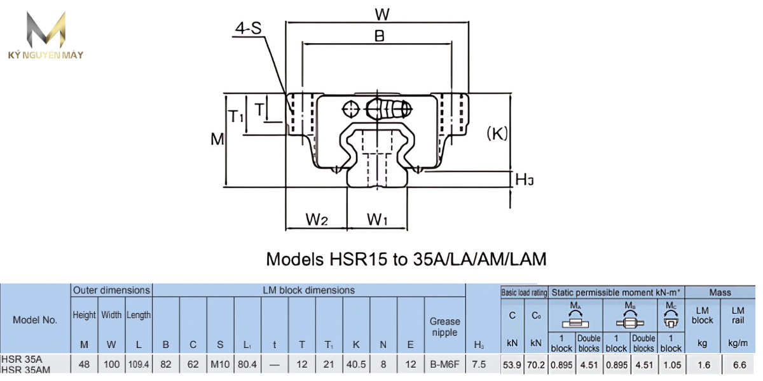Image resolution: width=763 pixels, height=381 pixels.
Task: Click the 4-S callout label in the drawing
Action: point(248,29)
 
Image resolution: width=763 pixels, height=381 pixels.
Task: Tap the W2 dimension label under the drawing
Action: point(317,220)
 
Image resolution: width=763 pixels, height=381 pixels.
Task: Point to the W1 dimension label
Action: point(378,220)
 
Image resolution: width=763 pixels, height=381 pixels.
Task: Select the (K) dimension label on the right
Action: point(497,133)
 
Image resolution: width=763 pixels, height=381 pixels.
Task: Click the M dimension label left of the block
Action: point(217,138)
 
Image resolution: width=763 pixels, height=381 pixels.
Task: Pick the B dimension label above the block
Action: point(380,37)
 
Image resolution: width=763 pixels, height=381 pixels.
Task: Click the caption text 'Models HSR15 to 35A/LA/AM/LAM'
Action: point(406,259)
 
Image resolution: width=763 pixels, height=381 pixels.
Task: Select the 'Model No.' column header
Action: point(35,320)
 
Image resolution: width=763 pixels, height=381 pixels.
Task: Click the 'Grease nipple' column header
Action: point(444,326)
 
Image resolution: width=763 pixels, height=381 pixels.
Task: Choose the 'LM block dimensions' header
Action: point(309,290)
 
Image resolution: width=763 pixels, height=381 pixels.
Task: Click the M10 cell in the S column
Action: point(220,364)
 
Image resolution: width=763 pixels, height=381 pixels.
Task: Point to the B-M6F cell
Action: point(444,364)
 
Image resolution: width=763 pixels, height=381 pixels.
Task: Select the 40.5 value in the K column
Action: point(356,364)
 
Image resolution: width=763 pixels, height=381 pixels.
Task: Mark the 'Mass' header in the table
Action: point(720,292)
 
